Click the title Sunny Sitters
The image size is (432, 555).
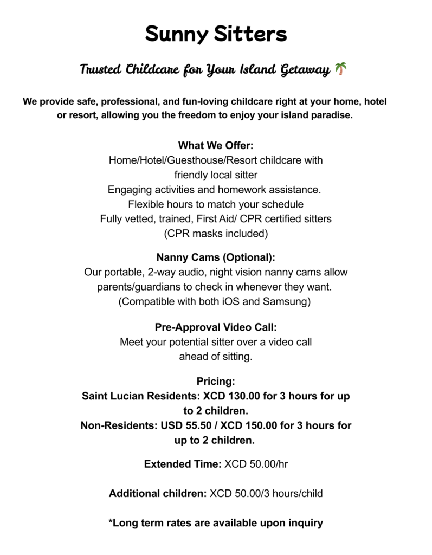(216, 35)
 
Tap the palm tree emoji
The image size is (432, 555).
(341, 69)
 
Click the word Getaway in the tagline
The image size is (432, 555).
(304, 70)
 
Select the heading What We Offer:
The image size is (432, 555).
(216, 146)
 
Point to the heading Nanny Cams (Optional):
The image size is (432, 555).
(216, 257)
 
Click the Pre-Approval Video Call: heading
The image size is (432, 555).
(216, 327)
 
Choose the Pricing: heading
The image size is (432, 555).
(216, 382)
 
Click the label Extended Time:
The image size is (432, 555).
(182, 464)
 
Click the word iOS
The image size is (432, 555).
(229, 301)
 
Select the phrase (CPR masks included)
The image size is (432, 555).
(216, 234)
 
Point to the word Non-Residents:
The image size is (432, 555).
(119, 425)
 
